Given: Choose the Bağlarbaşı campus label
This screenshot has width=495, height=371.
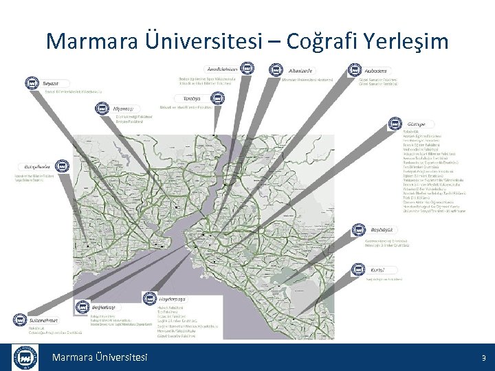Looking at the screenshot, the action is click(x=103, y=307).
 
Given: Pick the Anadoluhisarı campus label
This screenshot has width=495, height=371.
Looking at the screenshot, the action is click(x=223, y=69).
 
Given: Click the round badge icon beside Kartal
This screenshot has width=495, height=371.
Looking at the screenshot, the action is click(x=360, y=270).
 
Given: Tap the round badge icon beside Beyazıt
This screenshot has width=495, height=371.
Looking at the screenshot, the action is click(x=32, y=83).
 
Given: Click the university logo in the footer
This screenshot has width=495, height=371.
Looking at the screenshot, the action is click(x=25, y=357).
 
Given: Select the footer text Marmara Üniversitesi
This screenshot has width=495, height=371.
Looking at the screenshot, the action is click(x=100, y=357).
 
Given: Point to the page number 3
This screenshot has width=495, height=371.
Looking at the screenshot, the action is click(x=483, y=358).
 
